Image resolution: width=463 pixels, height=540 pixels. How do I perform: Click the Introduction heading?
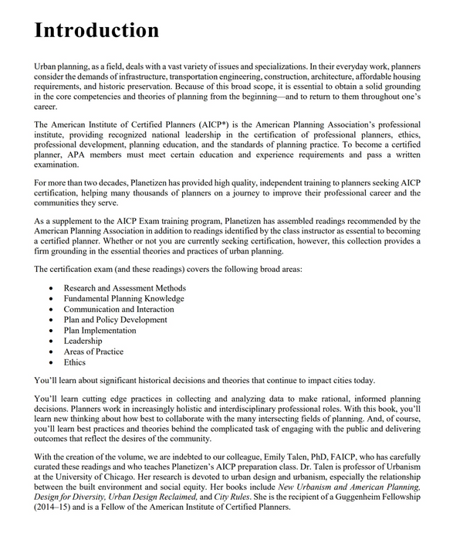pyautogui.click(x=96, y=30)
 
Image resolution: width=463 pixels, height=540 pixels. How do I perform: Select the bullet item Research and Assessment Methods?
pyautogui.click(x=124, y=288)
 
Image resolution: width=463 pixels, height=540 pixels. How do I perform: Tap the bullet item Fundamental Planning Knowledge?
pyautogui.click(x=123, y=299)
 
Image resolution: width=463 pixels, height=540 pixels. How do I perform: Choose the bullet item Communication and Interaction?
pyautogui.click(x=119, y=309)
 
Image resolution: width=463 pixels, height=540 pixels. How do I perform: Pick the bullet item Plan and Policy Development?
pyautogui.click(x=115, y=320)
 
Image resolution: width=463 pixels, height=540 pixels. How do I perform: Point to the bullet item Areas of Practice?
pyautogui.click(x=93, y=352)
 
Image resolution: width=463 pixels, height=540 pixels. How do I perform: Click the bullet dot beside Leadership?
pyautogui.click(x=51, y=341)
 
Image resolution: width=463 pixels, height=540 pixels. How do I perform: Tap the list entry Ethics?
pyautogui.click(x=75, y=362)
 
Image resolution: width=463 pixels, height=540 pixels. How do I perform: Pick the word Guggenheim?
pyautogui.click(x=364, y=498)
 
